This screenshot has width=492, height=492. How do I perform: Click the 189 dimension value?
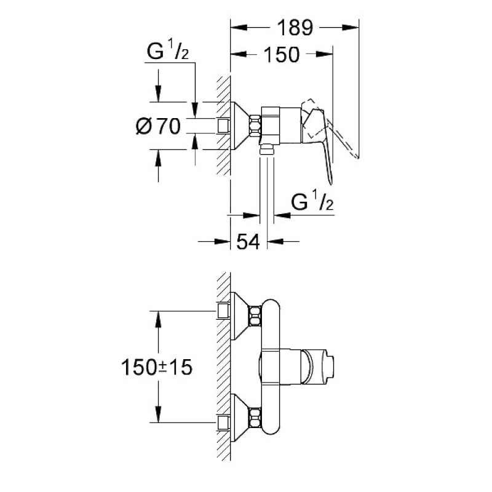[x=295, y=28]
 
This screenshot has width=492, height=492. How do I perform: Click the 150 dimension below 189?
[x=282, y=55]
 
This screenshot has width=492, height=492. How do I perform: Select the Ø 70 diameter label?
[x=158, y=126]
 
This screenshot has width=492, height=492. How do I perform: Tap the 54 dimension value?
[x=248, y=242]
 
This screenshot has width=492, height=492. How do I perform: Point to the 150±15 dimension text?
[x=157, y=367]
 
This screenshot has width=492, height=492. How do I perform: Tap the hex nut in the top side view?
[x=255, y=126]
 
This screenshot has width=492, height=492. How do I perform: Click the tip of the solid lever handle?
[x=330, y=183]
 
